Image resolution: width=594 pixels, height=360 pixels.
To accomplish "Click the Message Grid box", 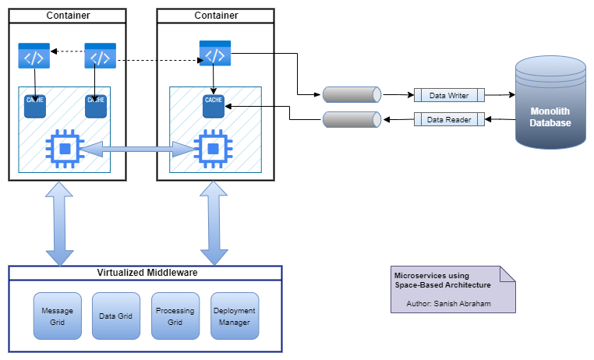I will pos(57,316).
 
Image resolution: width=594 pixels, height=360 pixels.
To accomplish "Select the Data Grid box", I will pos(116,316).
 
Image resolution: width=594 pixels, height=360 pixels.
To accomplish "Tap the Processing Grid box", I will pos(175,316).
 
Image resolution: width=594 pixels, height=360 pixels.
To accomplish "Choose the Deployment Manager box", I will pos(234,316).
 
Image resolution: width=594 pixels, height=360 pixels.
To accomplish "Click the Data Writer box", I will pos(449,95).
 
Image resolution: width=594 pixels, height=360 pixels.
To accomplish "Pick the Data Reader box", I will pos(449,119).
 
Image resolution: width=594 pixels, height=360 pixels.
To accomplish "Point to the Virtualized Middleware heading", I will pos(146,273).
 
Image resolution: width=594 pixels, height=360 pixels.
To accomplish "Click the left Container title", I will pos(67,16).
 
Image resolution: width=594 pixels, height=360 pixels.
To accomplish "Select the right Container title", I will pos(215,16).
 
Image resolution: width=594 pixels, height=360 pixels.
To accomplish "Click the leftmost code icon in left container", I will pos(34,56).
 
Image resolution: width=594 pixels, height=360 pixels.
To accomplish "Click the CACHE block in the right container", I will pos(214,105).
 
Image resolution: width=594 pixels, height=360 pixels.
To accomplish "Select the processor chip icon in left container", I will pos(65,148).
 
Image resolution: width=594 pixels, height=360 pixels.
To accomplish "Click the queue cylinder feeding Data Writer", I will pos(352,95).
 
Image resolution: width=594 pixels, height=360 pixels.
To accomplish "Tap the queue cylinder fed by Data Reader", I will pos(352,120).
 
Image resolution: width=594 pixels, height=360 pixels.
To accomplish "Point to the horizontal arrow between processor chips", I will pos(137,148).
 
